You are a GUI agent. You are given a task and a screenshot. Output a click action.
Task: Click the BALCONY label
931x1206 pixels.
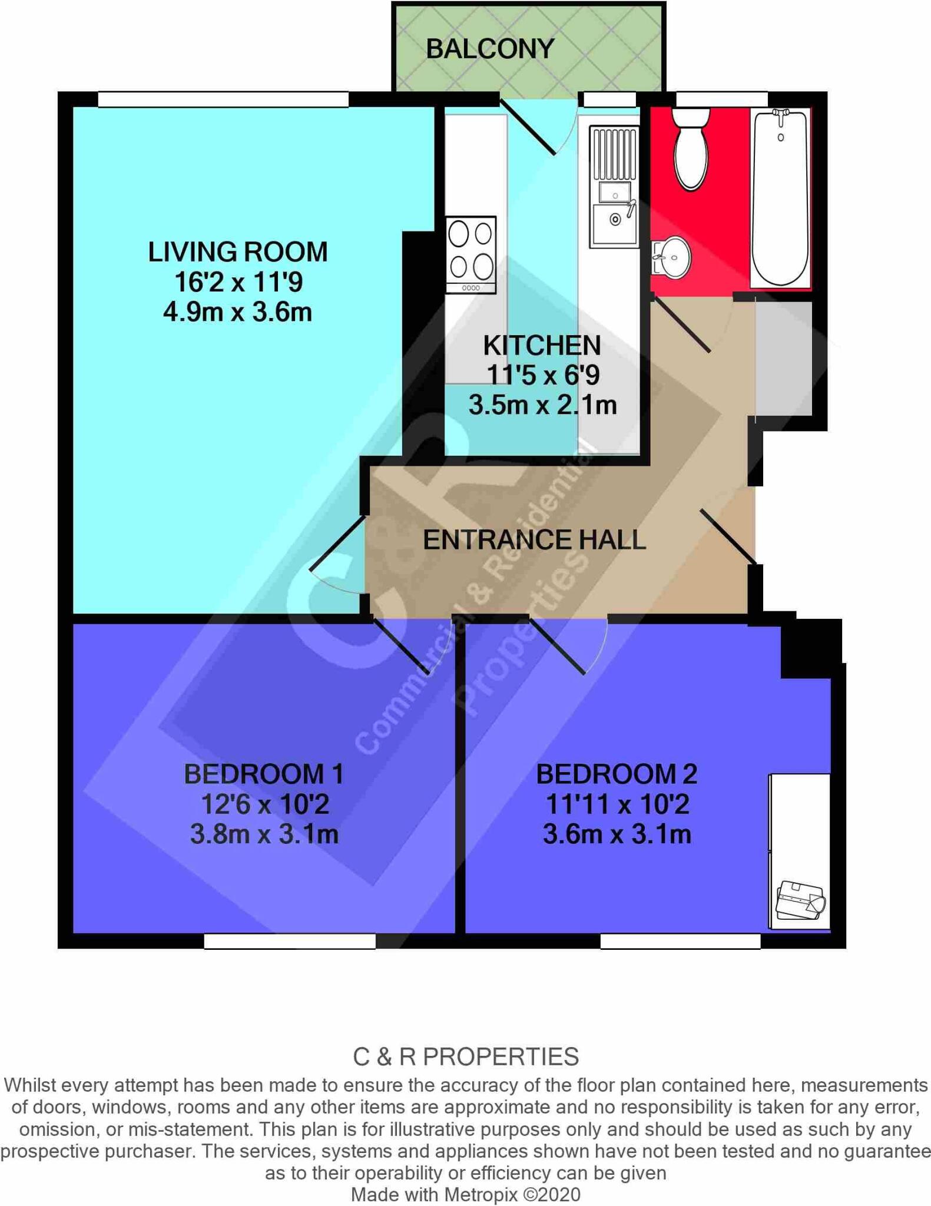point(490,49)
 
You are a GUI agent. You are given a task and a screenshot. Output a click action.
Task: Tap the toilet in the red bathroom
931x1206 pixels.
point(691,150)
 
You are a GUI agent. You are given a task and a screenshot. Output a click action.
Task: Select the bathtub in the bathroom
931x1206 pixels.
point(780,198)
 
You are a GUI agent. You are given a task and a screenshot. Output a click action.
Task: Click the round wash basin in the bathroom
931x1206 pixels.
point(671,257)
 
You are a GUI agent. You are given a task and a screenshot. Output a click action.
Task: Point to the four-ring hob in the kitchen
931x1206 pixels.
point(471,255)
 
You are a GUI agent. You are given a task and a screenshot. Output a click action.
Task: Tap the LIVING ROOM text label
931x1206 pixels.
point(237,252)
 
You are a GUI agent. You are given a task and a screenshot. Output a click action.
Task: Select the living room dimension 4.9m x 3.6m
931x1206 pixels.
point(237,312)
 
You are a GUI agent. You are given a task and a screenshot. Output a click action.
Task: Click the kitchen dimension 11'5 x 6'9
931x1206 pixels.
point(542,375)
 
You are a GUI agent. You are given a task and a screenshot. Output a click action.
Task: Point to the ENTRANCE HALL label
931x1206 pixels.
point(534,540)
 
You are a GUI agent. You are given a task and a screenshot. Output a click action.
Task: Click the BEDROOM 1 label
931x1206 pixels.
point(264,774)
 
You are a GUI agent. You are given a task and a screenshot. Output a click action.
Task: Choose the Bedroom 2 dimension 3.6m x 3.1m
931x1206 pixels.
point(617,834)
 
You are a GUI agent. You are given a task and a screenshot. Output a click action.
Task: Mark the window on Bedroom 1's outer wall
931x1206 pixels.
point(290,942)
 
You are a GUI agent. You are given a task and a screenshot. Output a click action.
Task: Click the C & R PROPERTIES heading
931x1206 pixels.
point(465,1057)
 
